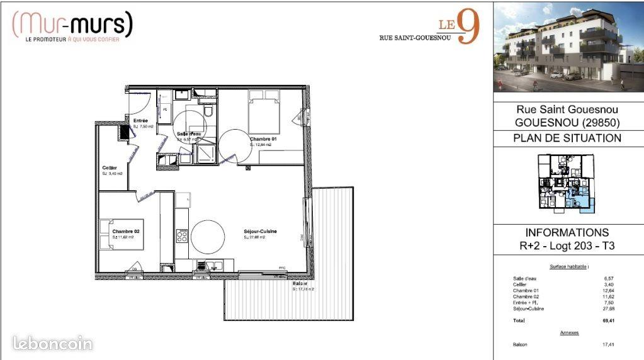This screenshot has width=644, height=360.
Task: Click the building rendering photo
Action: tap(568, 47)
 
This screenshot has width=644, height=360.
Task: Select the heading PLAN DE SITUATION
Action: tap(567, 138)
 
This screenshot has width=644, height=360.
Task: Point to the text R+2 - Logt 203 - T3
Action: tap(567, 245)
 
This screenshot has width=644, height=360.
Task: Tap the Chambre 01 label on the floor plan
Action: tap(263, 139)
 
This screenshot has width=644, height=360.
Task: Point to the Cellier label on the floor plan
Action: tap(110, 168)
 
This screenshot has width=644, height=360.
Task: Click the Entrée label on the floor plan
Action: tap(140, 120)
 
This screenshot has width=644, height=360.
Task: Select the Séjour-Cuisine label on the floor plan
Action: tap(260, 232)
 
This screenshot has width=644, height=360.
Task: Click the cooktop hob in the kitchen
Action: tap(181, 236)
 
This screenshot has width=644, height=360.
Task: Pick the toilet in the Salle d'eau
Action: tap(208, 111)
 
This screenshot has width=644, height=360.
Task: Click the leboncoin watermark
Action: tap(53, 344)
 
